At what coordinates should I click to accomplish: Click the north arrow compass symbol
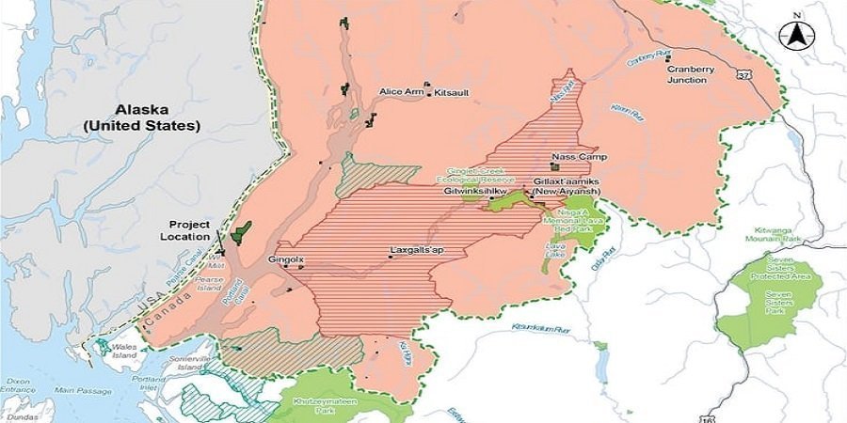pyautogui.click(x=795, y=35)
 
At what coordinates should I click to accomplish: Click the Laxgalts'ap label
pyautogui.click(x=417, y=252)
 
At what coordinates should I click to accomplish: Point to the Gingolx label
pyautogui.click(x=282, y=257)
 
